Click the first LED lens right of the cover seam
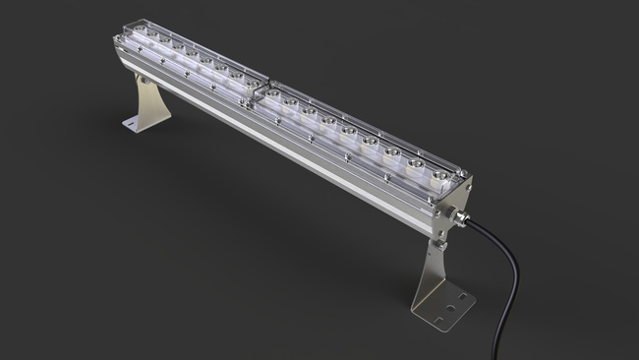coord(287,98)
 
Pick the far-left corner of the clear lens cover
coord(116,34)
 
